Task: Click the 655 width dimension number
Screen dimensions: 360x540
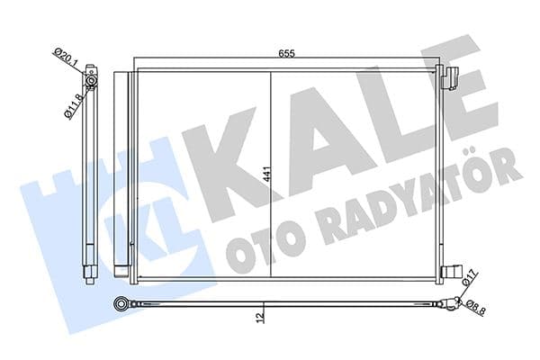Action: click(x=286, y=54)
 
